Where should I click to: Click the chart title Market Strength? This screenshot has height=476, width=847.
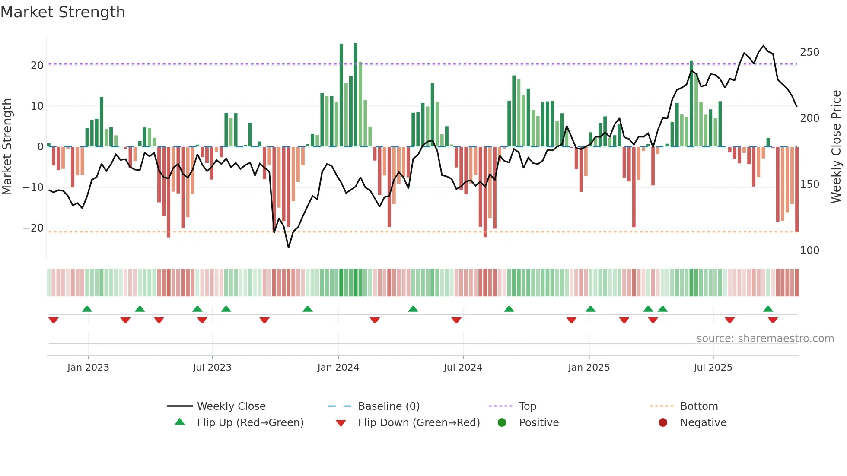(63, 12)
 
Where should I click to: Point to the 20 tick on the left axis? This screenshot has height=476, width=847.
(37, 65)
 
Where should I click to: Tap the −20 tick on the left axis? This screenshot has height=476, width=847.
(33, 228)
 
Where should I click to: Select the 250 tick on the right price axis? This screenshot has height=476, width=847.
(809, 52)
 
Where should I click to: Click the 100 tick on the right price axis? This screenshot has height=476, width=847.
(809, 250)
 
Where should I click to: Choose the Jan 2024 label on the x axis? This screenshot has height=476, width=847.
(338, 367)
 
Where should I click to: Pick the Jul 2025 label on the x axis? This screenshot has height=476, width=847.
(713, 367)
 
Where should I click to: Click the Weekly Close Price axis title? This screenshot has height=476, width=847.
(836, 147)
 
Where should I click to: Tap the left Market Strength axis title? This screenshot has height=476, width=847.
(7, 147)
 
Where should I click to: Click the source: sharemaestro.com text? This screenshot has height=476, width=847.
(765, 338)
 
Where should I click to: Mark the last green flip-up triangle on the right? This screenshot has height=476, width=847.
(768, 309)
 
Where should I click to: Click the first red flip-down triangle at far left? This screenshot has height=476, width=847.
(54, 320)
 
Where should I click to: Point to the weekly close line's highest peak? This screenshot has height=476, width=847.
(763, 46)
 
